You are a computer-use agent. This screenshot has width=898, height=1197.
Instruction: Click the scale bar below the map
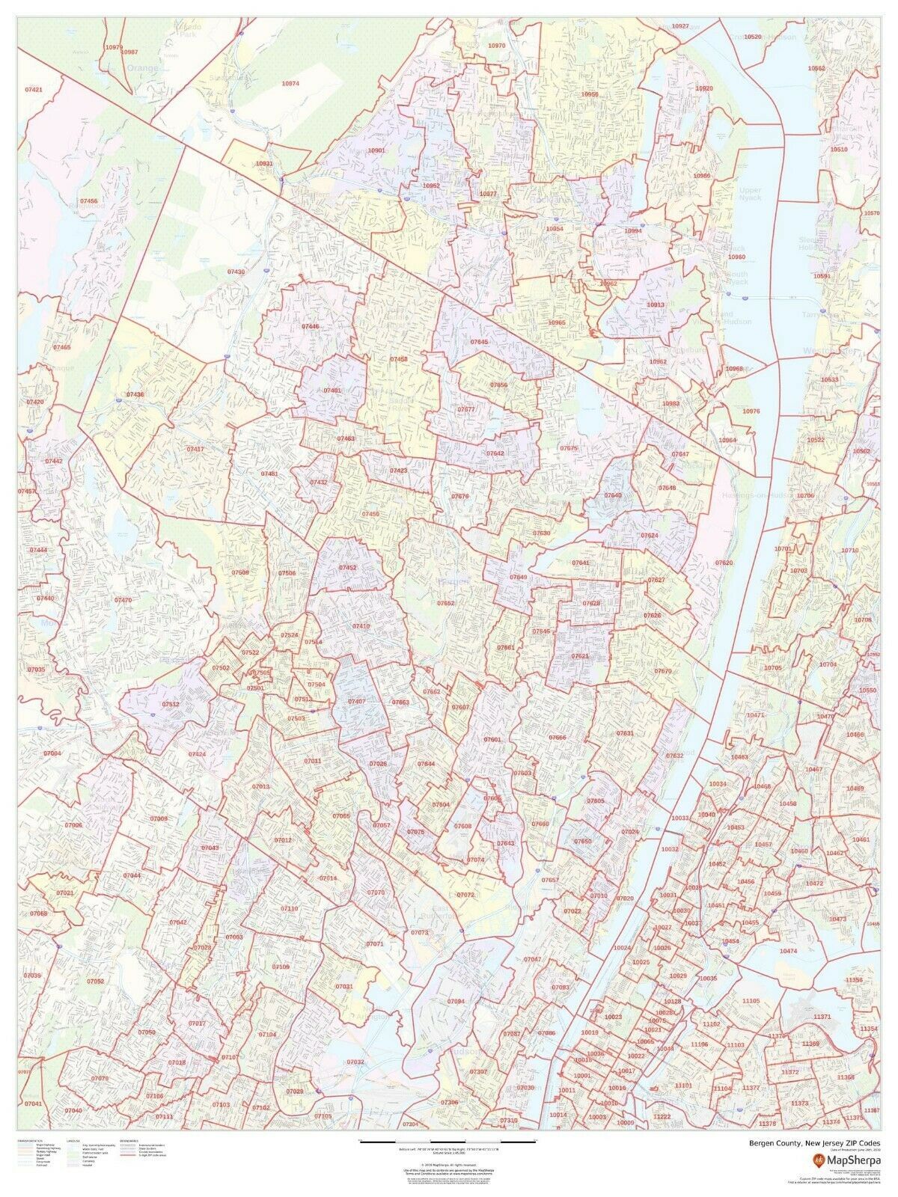[x=448, y=1140]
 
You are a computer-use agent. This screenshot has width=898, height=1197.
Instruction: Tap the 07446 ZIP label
[x=310, y=327]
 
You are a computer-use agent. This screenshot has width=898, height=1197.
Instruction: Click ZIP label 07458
[x=399, y=359]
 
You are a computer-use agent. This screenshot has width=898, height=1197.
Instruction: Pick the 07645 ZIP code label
[x=479, y=341]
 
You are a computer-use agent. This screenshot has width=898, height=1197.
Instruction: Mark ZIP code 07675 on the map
[x=569, y=447]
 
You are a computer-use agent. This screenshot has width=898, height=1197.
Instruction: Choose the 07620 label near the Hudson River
[x=723, y=561]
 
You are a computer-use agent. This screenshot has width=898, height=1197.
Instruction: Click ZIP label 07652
[x=446, y=602]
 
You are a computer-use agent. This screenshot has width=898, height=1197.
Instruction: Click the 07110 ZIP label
[x=289, y=908]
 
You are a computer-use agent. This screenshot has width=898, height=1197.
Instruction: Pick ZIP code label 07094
[x=456, y=1001]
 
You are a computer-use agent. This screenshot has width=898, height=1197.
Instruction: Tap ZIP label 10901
[x=376, y=150]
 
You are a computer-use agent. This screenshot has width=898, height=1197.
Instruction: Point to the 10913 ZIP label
[x=656, y=305]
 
